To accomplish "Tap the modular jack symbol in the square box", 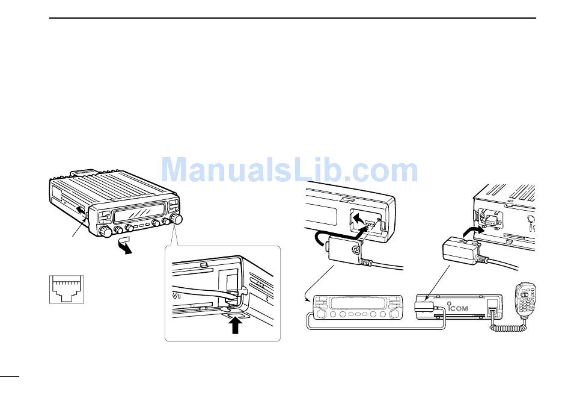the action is pyautogui.click(x=67, y=289).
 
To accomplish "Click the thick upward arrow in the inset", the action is pyautogui.click(x=236, y=325).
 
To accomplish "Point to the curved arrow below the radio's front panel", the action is pyautogui.click(x=125, y=245).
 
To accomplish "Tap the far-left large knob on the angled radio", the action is pyautogui.click(x=104, y=231).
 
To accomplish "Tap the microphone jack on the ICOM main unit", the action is pyautogui.click(x=491, y=312).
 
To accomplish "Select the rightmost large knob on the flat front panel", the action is pyautogui.click(x=395, y=315).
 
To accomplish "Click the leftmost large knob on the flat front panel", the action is pyautogui.click(x=320, y=315).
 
